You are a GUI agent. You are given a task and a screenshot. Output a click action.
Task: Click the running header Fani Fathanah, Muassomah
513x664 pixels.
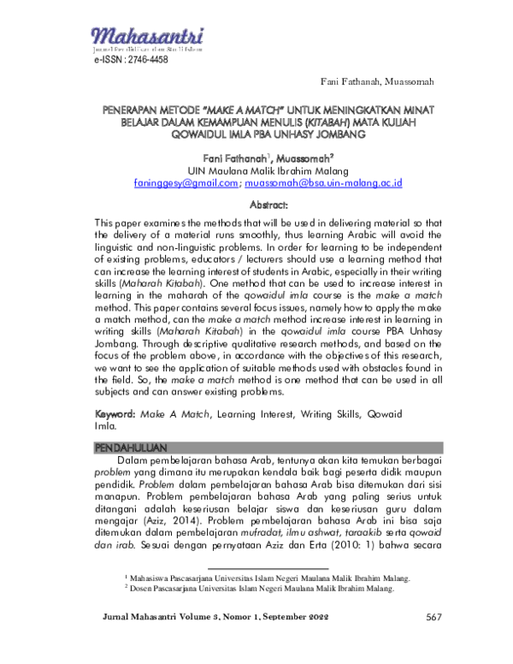point(377,81)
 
